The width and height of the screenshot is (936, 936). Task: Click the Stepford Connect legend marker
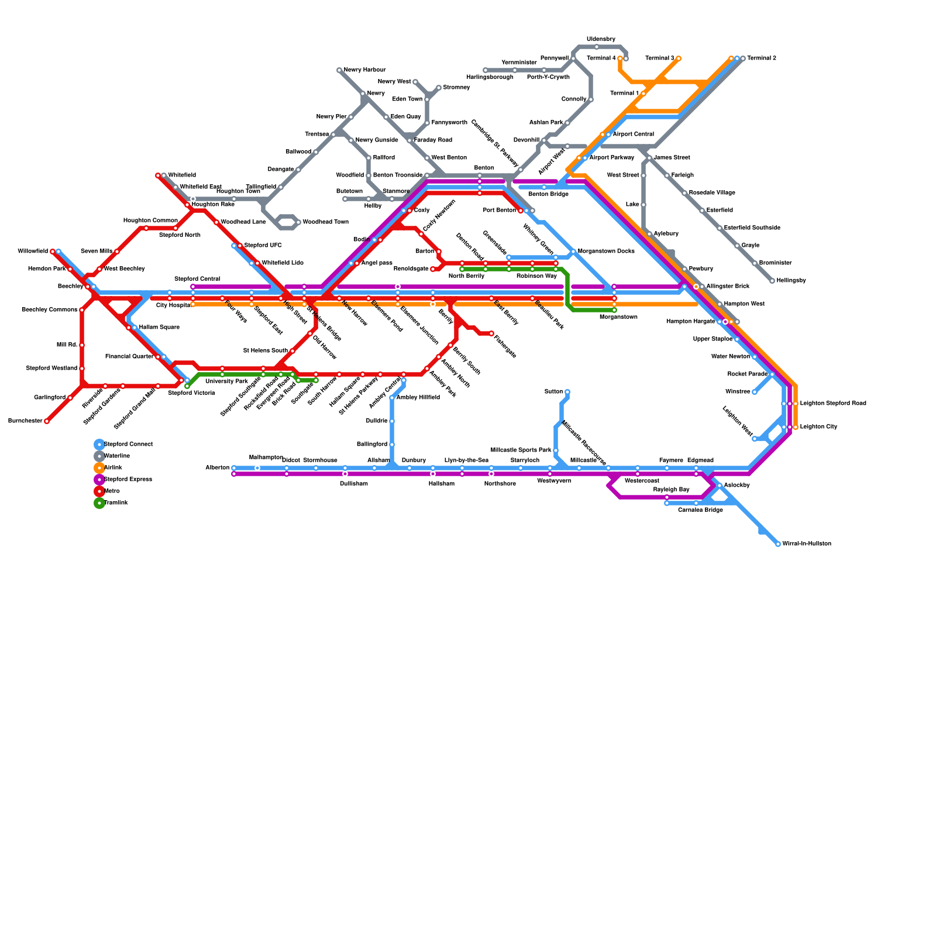tap(99, 445)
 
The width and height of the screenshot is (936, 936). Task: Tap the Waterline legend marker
tap(99, 456)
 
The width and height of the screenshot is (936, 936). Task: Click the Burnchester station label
tap(25, 421)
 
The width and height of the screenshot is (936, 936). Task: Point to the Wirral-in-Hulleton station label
tap(807, 544)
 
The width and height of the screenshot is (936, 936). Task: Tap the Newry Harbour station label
tap(364, 70)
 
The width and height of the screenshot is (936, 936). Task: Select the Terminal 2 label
tap(762, 58)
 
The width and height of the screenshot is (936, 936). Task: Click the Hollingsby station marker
tap(772, 281)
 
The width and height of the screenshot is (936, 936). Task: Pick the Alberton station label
tap(217, 468)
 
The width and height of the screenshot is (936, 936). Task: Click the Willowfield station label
tap(33, 252)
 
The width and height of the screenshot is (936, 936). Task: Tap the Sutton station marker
tap(567, 392)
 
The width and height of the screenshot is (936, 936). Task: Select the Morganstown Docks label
tap(606, 252)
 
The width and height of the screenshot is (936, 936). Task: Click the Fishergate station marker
tap(491, 333)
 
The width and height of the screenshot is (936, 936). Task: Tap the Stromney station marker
tap(439, 88)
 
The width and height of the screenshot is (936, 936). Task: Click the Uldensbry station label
tap(601, 39)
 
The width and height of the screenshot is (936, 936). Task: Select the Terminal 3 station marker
tap(679, 58)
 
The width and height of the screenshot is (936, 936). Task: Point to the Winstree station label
tap(738, 392)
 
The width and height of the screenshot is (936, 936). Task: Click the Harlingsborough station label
tap(490, 77)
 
